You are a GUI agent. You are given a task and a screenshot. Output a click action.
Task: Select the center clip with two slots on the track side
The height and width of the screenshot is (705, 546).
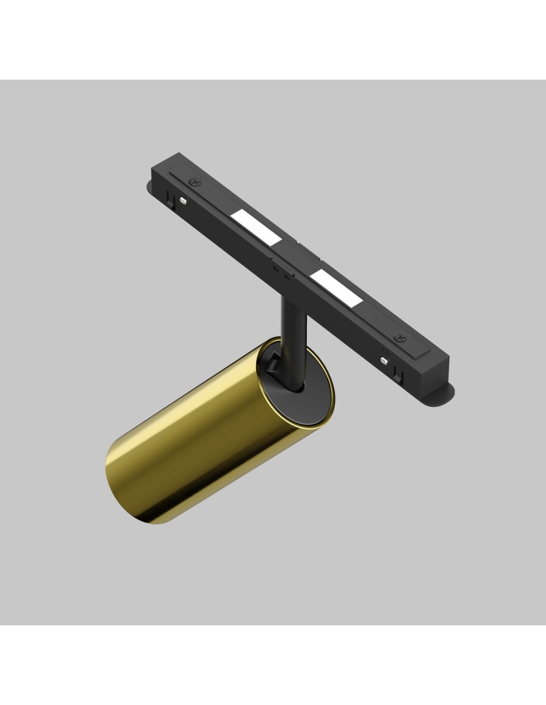coord(280,268)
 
